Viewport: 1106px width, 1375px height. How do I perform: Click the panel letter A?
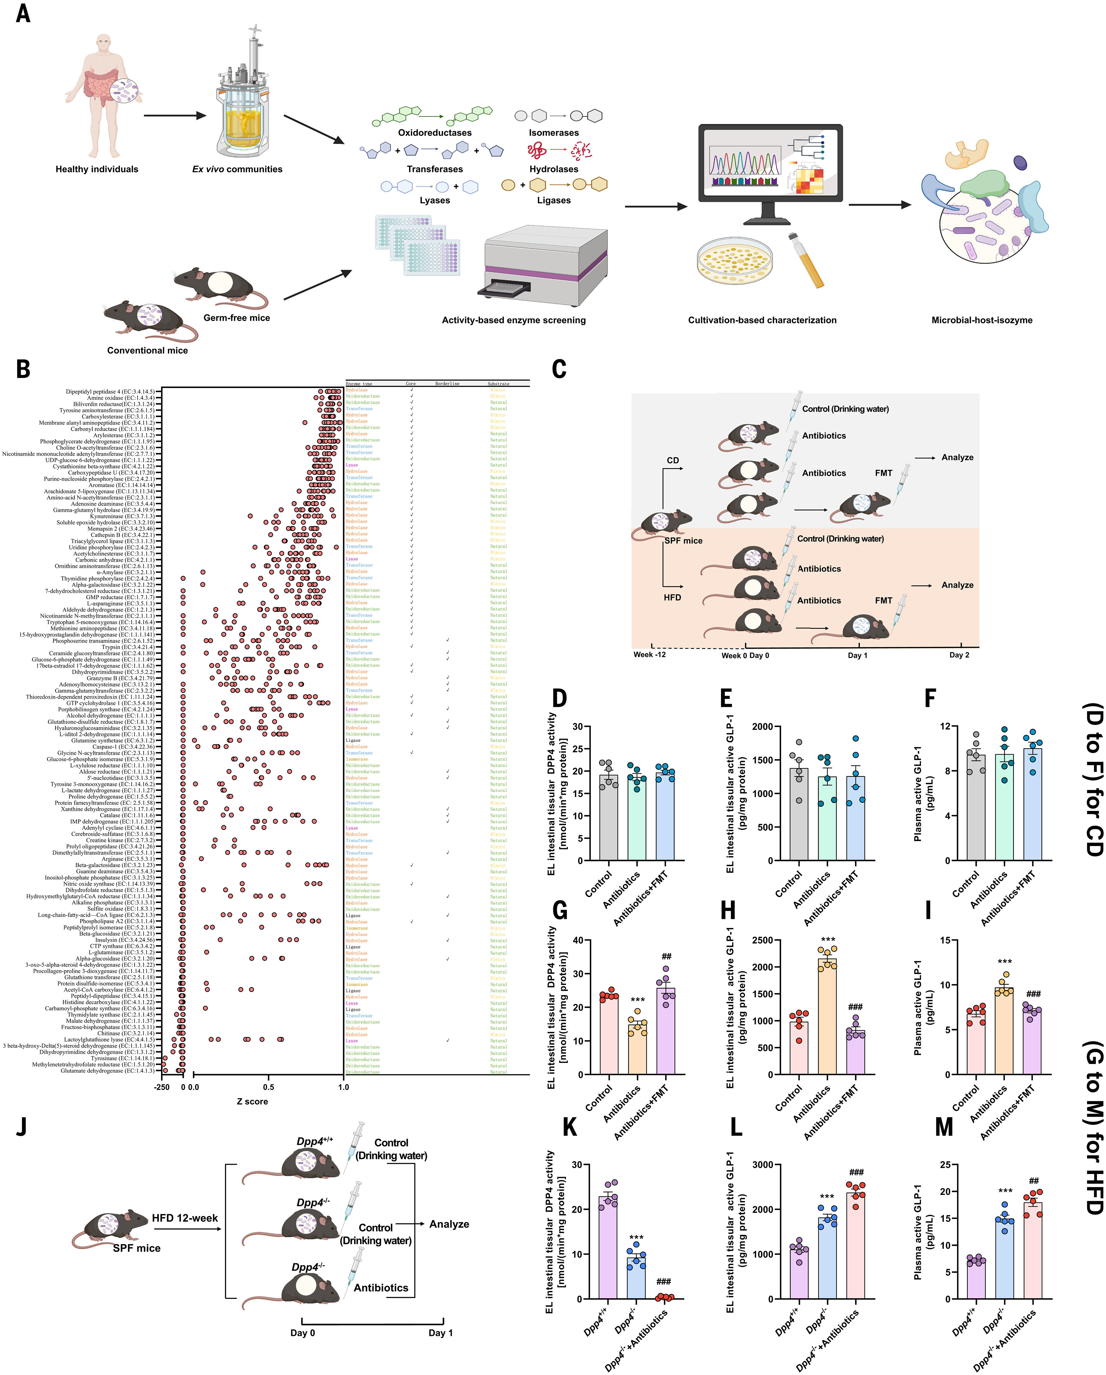pyautogui.click(x=23, y=13)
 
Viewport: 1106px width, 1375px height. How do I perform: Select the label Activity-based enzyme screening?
pyautogui.click(x=513, y=320)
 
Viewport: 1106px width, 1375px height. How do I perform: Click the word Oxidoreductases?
pyautogui.click(x=435, y=133)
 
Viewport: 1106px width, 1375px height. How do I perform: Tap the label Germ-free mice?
pyautogui.click(x=237, y=318)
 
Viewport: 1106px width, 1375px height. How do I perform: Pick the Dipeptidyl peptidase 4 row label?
pyautogui.click(x=110, y=392)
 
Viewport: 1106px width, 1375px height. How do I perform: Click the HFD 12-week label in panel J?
pyautogui.click(x=185, y=1218)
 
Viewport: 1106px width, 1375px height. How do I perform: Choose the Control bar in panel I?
pyautogui.click(x=976, y=1043)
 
